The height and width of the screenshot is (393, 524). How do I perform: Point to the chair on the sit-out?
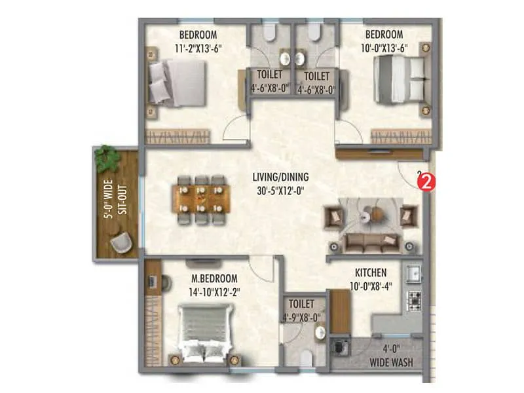click(x=121, y=243)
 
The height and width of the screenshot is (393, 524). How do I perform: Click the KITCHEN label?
click(x=371, y=272)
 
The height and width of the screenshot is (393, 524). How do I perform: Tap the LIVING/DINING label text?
click(x=280, y=177)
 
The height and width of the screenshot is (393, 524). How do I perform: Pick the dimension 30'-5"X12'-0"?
click(x=280, y=191)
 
